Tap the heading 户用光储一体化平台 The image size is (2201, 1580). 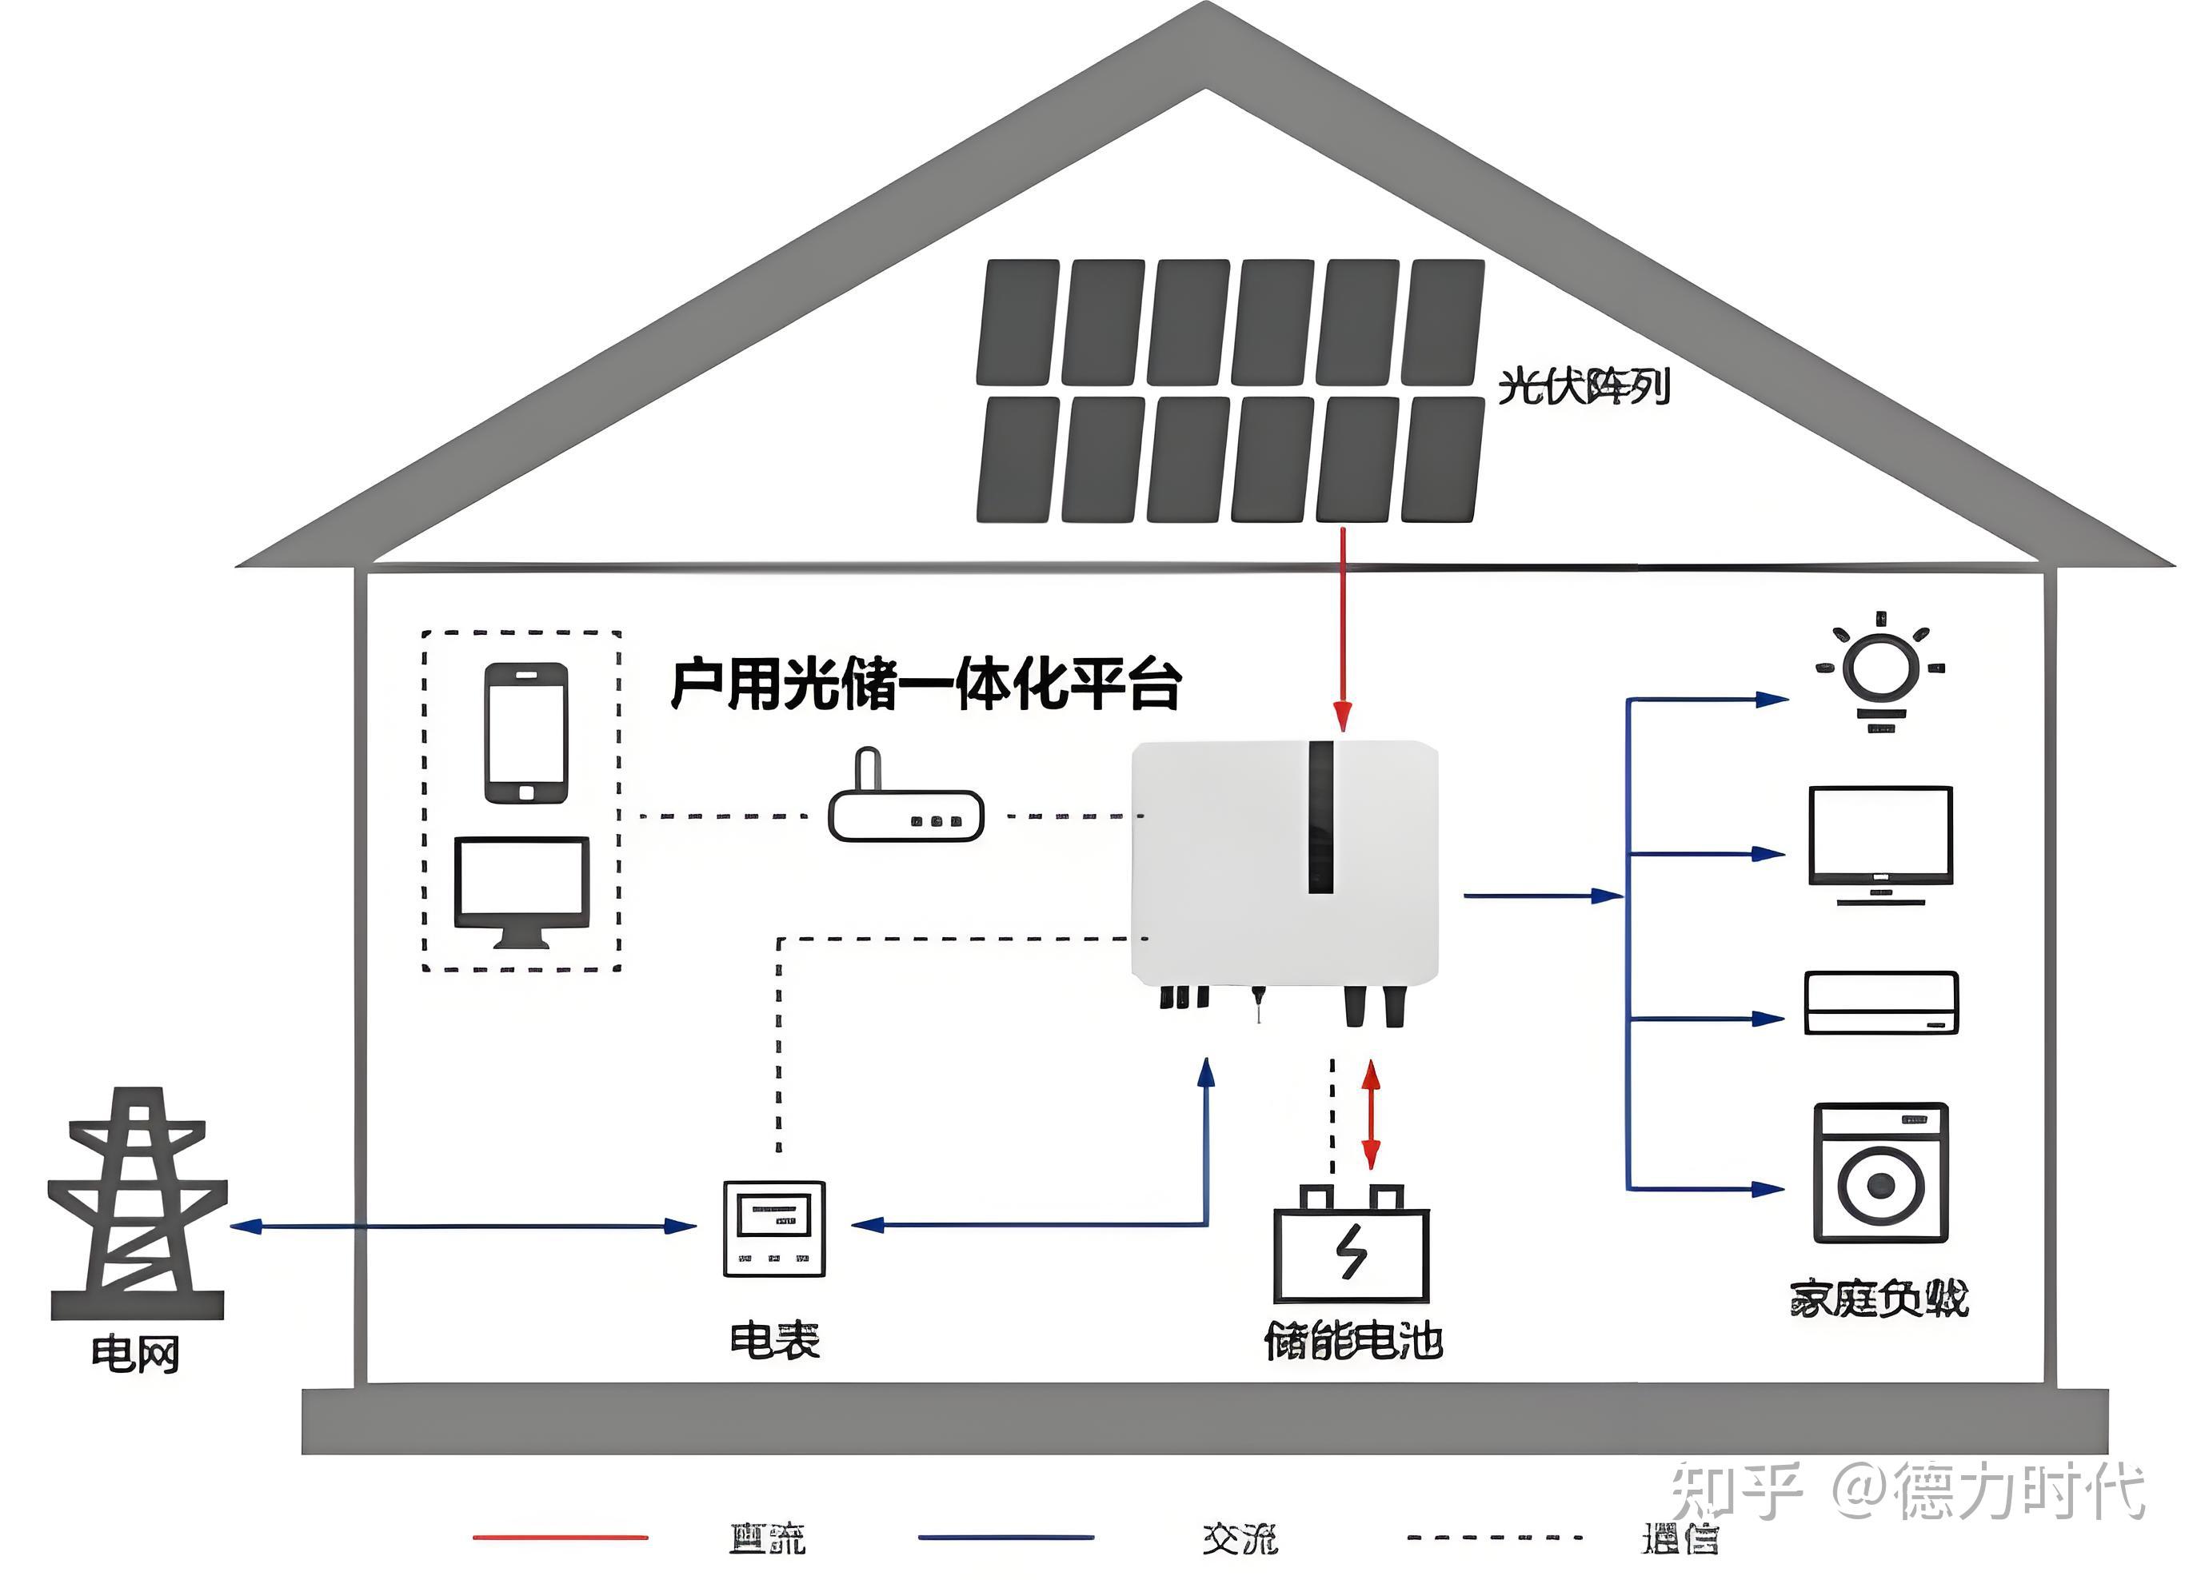point(926,684)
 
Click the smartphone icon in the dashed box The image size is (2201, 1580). point(526,732)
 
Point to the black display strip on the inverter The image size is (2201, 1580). point(1320,816)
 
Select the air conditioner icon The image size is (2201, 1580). point(1879,1003)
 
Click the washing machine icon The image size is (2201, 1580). point(1879,1172)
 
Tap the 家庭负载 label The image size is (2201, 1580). point(1878,1299)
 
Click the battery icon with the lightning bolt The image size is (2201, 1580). point(1351,1245)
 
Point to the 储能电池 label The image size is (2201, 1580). point(1352,1341)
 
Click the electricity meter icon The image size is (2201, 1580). point(773,1227)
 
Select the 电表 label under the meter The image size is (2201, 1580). point(773,1340)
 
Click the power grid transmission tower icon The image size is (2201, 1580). point(137,1203)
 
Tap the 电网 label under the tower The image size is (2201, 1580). point(135,1353)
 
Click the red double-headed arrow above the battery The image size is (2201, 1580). point(1370,1114)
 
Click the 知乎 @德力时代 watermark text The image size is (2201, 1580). point(1907,1490)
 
